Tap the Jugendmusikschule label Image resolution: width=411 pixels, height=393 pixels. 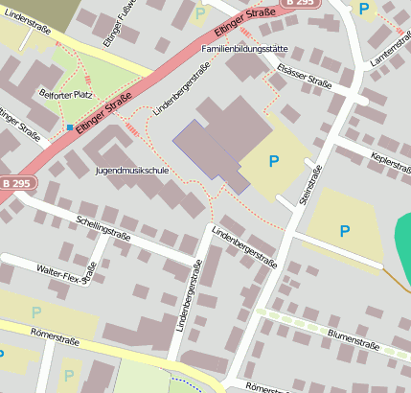point(132,170)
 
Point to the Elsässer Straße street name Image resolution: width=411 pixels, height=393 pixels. point(304,76)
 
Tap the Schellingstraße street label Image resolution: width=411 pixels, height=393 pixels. point(102,227)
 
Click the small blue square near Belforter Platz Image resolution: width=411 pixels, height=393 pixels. point(69,127)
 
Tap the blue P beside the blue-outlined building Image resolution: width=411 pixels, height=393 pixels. point(275,161)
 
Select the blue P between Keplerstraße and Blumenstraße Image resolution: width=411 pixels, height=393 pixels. point(344,230)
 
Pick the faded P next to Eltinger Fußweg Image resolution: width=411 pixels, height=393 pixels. point(199,13)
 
